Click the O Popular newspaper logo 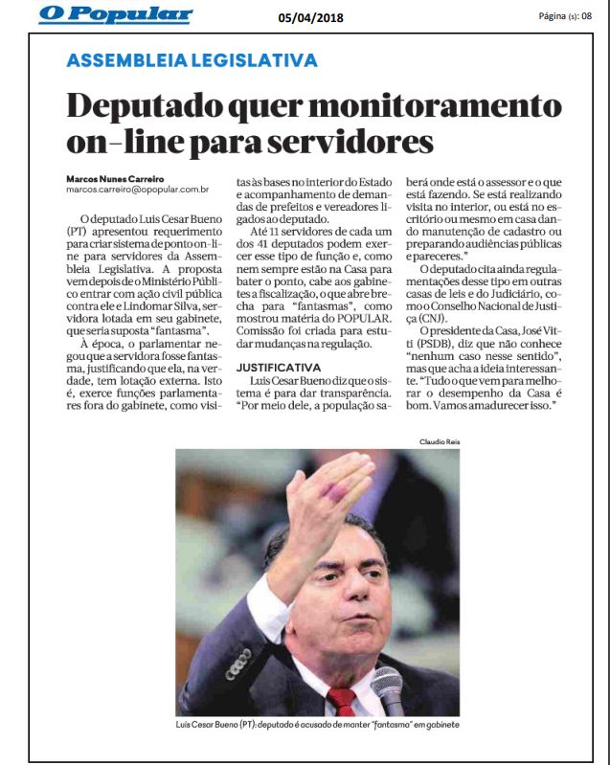(116, 15)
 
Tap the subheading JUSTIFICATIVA (276, 367)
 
